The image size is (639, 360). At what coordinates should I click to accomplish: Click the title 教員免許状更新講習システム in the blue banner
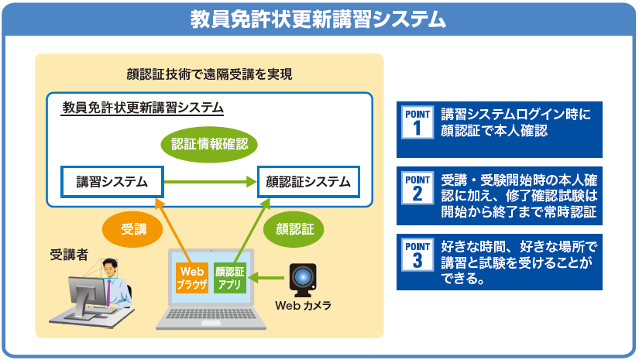(x=318, y=19)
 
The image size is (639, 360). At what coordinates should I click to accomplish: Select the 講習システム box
(x=112, y=183)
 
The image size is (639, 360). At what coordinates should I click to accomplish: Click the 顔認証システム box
(x=308, y=183)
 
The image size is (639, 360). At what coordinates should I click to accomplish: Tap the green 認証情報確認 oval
(x=209, y=143)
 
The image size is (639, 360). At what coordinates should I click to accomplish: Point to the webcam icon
(x=303, y=278)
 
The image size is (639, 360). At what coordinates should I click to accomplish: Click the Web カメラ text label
(x=303, y=306)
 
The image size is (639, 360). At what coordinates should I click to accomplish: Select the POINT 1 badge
(x=417, y=123)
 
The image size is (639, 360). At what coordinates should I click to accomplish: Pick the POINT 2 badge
(x=417, y=189)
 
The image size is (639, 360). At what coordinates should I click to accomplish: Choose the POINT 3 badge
(x=417, y=255)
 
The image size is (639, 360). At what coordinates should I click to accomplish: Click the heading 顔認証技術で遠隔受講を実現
(x=209, y=75)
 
